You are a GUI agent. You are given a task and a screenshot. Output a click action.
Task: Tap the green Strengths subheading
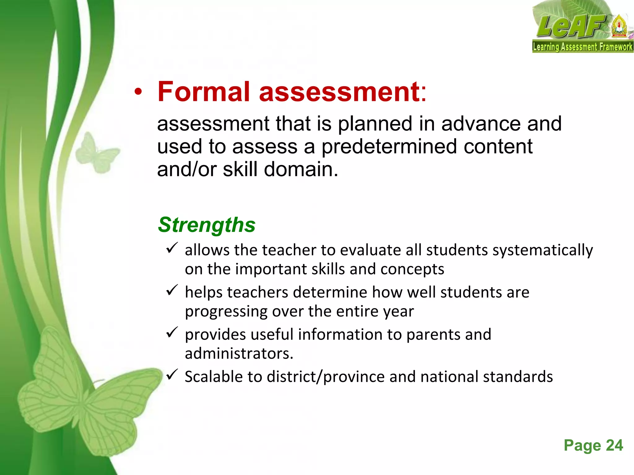[206, 225]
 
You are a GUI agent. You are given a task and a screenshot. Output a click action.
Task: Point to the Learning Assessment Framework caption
[583, 47]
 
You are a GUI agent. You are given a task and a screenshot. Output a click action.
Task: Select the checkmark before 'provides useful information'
[172, 332]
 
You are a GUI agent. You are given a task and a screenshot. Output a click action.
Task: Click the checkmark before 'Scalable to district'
[172, 374]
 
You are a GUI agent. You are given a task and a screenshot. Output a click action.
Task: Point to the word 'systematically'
[542, 250]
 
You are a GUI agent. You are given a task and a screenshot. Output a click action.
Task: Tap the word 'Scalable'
[213, 377]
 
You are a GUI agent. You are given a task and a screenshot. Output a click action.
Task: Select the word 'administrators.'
[239, 353]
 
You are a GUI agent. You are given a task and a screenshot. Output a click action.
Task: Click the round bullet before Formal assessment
[138, 92]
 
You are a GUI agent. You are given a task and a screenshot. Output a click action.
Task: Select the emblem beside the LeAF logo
[619, 28]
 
